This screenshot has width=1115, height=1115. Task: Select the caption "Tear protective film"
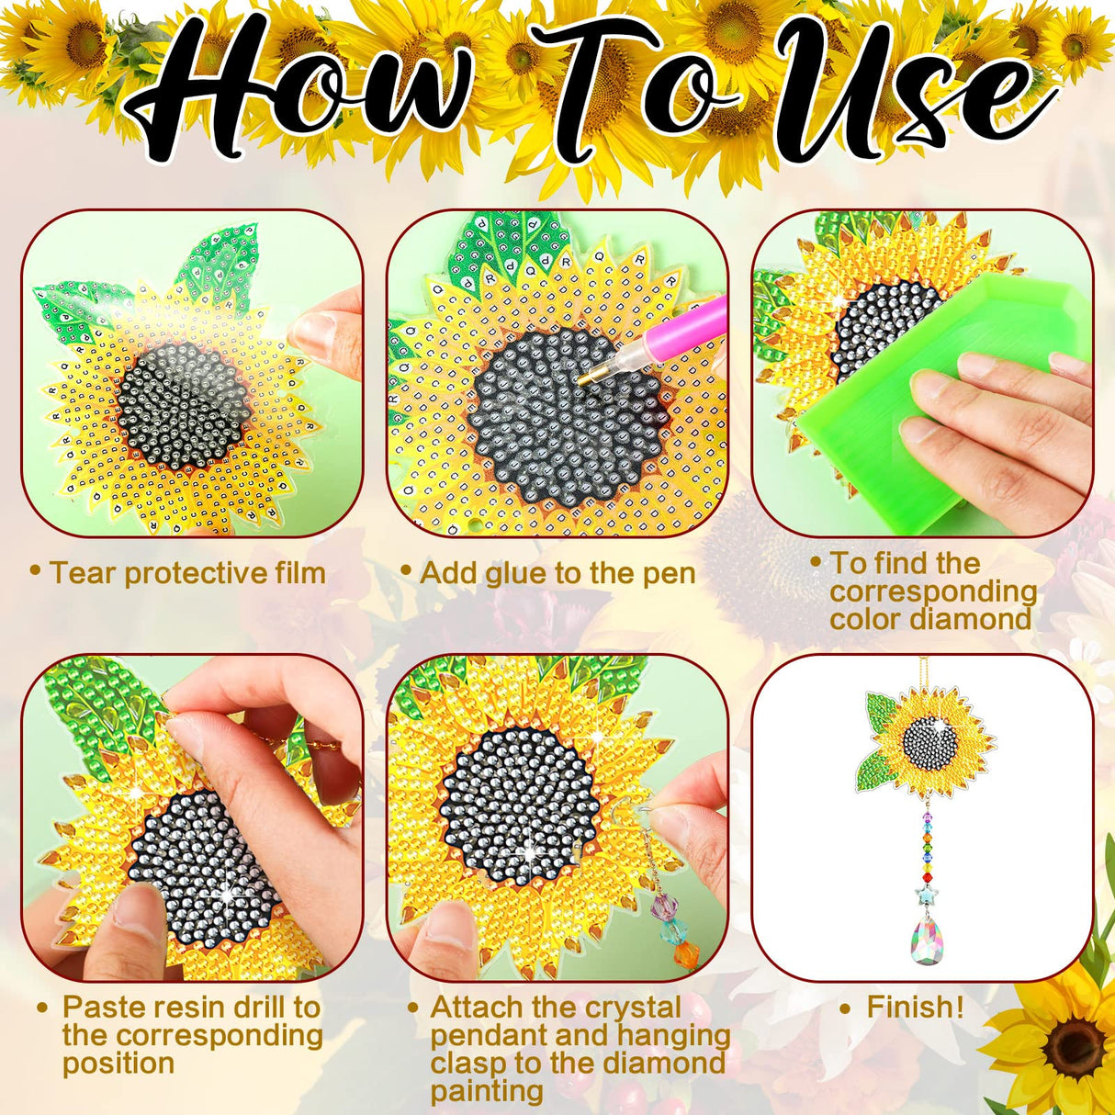click(187, 573)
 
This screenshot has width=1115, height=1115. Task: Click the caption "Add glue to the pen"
click(557, 573)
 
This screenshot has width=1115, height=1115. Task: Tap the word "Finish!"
click(915, 1007)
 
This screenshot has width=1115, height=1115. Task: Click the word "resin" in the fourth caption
click(181, 1007)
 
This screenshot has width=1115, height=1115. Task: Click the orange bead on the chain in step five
click(685, 953)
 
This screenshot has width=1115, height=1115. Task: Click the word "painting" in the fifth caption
click(486, 1091)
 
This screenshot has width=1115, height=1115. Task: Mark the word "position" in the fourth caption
click(118, 1064)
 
